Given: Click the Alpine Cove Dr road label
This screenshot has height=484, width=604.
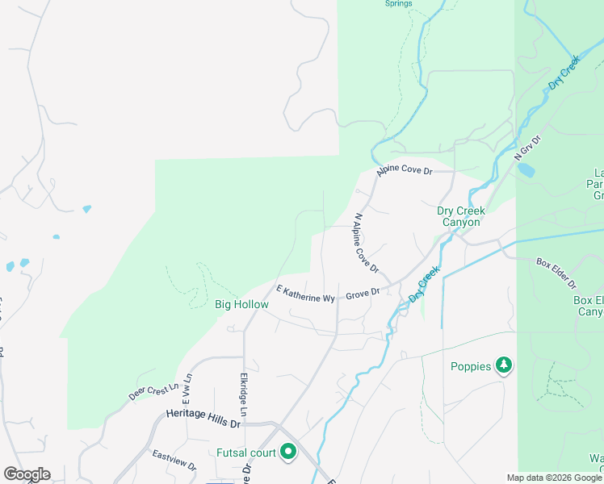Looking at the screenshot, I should click(x=405, y=171).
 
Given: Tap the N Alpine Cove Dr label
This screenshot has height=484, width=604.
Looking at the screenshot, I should click(x=367, y=242).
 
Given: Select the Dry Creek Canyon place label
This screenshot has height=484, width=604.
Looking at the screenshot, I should click(x=461, y=216).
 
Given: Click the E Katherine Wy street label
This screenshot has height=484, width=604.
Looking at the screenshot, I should click(x=305, y=294).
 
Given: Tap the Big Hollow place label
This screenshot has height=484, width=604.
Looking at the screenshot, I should click(x=241, y=305).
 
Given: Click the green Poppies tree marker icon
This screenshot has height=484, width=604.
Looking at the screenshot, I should click(x=505, y=365).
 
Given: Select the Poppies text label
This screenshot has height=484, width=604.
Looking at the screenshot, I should click(x=471, y=366).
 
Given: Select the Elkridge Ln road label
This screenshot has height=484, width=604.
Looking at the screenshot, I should click(x=243, y=394).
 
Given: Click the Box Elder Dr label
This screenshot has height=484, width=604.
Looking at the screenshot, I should click(x=556, y=273).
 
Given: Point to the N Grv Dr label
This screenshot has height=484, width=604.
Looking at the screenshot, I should click(x=526, y=148).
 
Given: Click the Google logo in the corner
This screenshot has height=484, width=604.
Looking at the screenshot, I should click(x=27, y=474).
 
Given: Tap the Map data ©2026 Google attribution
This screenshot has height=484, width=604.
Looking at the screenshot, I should click(x=554, y=478).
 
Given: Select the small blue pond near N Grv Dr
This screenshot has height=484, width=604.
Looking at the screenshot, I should click(x=526, y=170).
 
